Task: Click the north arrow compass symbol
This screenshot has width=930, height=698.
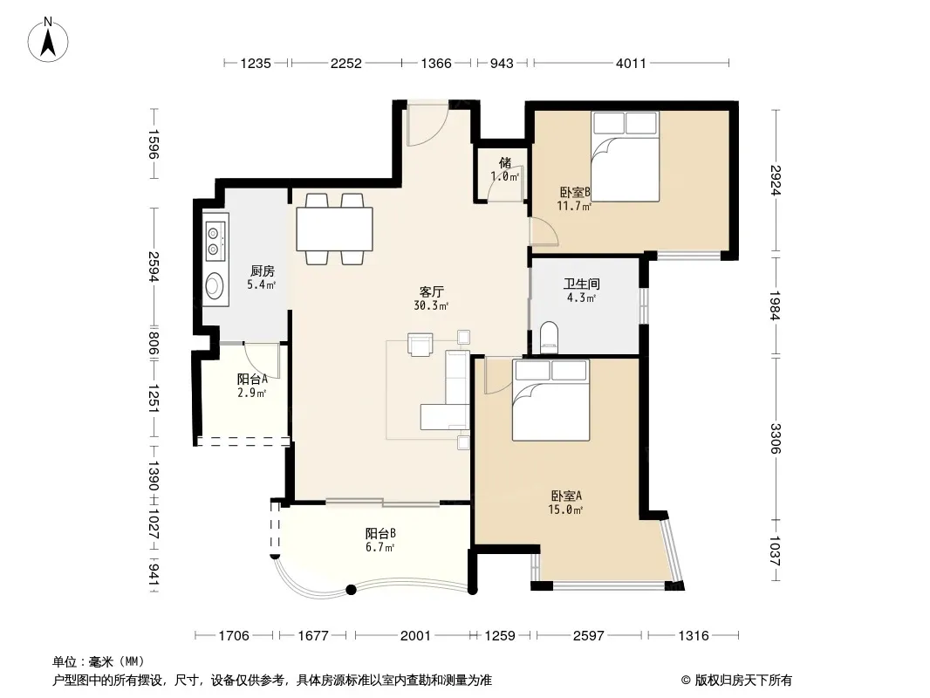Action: tap(48, 40)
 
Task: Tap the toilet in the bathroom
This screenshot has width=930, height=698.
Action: tap(550, 338)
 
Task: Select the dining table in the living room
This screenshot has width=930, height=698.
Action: tap(334, 229)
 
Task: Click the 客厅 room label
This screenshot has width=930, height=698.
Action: tap(431, 291)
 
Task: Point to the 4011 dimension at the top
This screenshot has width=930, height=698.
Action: tap(631, 63)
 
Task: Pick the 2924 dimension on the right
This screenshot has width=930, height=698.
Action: tap(776, 180)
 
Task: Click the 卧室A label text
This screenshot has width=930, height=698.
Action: tap(566, 496)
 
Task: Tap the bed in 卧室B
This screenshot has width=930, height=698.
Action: tap(626, 156)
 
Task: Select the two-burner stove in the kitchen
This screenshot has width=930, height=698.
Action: tap(215, 241)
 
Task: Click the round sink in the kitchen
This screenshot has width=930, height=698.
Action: tap(214, 286)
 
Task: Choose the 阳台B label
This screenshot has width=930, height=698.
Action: tap(380, 533)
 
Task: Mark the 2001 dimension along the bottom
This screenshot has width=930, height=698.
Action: tap(415, 636)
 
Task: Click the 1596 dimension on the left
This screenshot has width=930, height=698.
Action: tap(153, 144)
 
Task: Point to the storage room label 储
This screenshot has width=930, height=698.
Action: tap(505, 162)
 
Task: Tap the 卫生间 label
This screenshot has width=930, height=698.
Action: tap(581, 284)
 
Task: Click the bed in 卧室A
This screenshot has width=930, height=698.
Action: tap(551, 400)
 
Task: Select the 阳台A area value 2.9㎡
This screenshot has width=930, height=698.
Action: tap(251, 393)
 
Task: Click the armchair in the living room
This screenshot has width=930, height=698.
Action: tap(420, 345)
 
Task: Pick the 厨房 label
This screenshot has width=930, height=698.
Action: tap(262, 271)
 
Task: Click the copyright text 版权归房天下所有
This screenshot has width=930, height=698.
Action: tap(742, 681)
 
